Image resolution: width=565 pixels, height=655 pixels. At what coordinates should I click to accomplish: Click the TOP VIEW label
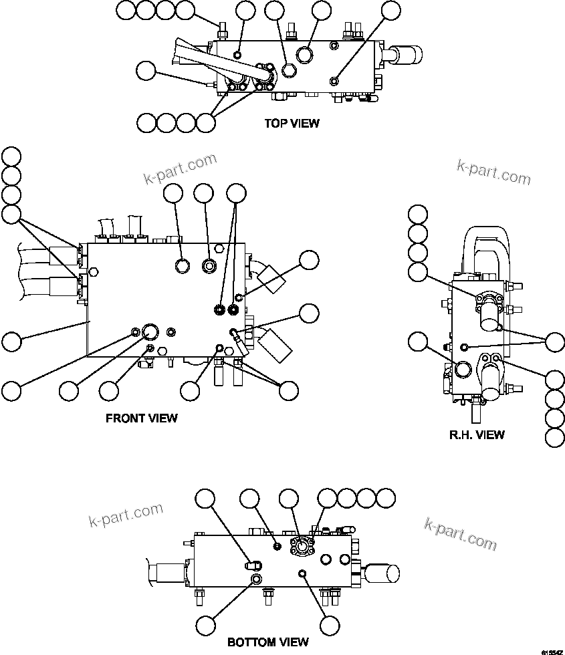(292, 123)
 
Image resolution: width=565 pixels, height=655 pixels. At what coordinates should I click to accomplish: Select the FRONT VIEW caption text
(142, 418)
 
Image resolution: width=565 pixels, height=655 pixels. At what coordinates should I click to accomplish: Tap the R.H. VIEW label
(477, 434)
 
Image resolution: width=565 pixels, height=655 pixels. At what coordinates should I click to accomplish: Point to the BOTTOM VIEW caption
(268, 642)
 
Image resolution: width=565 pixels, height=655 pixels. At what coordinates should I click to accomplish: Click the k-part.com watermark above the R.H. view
(494, 172)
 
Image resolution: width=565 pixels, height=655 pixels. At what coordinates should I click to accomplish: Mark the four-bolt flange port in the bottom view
(304, 546)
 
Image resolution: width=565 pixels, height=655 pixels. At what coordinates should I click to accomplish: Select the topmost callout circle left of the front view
(11, 156)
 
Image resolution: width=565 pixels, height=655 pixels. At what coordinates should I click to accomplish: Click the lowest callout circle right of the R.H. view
(555, 438)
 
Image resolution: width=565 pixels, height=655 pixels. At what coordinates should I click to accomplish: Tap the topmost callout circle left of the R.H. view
(417, 214)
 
